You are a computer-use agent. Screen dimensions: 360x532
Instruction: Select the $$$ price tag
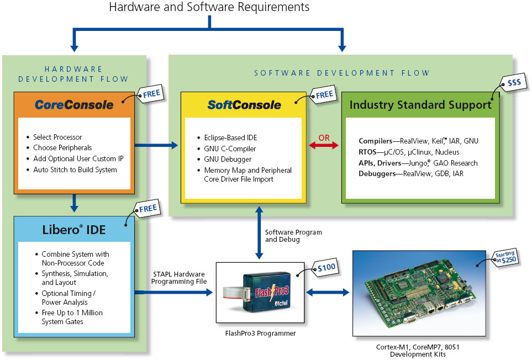pos(513,82)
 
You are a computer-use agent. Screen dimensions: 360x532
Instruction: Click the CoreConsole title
pos(74,104)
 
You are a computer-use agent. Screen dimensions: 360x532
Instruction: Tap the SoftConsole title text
pos(244,105)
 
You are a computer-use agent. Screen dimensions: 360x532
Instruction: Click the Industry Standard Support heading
pos(420,105)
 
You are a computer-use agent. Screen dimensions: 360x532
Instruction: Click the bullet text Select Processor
pos(57,137)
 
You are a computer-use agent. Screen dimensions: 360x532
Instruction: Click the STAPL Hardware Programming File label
pos(178,278)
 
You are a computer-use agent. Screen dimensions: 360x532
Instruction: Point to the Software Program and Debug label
pos(293,236)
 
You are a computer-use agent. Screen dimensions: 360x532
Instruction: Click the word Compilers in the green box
pos(376,141)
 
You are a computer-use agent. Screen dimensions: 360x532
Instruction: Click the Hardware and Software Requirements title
pos(209,7)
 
